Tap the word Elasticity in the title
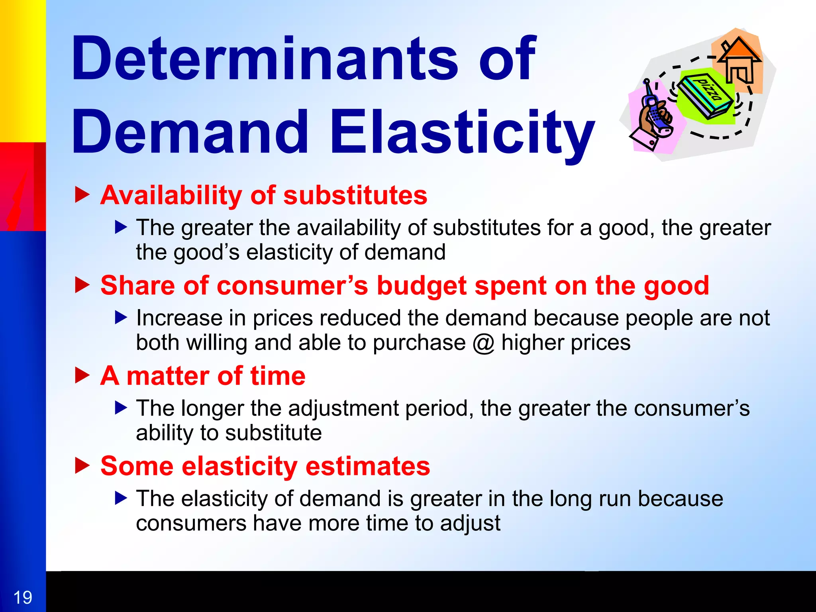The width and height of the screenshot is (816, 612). pyautogui.click(x=462, y=133)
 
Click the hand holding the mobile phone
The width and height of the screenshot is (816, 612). pyautogui.click(x=653, y=116)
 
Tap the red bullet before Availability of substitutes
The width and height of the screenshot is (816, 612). pyautogui.click(x=82, y=195)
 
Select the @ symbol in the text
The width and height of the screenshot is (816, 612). pyautogui.click(x=483, y=343)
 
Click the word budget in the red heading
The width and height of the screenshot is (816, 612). pyautogui.click(x=422, y=286)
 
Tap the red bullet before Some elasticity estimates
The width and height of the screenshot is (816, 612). pyautogui.click(x=82, y=466)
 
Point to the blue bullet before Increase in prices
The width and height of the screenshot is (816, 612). pyautogui.click(x=121, y=318)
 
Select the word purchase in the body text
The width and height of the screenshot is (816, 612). pyautogui.click(x=419, y=343)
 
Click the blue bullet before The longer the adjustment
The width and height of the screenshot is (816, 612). pyautogui.click(x=121, y=408)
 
